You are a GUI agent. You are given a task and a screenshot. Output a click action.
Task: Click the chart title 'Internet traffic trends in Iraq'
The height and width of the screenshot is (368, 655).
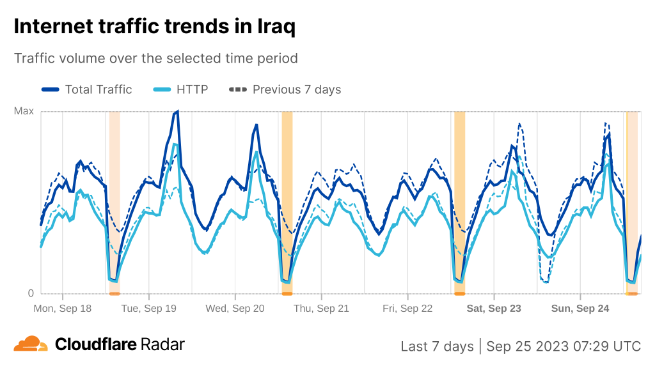[x=154, y=27]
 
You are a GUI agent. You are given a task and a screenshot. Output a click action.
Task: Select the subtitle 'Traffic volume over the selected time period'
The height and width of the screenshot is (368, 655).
[x=155, y=58]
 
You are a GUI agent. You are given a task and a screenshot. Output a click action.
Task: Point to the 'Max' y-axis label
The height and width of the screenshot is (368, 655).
[x=24, y=111]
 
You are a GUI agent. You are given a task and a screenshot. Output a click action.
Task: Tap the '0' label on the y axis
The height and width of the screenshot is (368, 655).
[x=30, y=293]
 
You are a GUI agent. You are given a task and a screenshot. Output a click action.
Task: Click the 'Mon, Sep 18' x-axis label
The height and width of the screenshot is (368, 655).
[x=63, y=309]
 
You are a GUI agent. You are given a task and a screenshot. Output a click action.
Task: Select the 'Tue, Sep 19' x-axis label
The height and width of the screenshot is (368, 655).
[x=148, y=309]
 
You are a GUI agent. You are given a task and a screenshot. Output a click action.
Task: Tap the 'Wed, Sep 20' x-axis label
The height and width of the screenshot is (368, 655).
[x=235, y=309]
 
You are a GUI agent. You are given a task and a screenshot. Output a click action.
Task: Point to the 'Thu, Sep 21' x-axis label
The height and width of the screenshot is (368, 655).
[x=321, y=309]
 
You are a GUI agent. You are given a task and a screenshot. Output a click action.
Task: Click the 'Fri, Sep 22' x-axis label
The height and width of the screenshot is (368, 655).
[x=407, y=309]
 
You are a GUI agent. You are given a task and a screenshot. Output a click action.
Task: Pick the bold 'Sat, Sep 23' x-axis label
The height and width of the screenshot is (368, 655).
[x=494, y=309]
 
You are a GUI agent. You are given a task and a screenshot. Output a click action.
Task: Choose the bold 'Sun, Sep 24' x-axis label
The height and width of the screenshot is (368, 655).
[x=580, y=309]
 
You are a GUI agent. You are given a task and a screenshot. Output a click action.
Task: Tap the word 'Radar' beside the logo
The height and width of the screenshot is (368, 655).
[x=162, y=344]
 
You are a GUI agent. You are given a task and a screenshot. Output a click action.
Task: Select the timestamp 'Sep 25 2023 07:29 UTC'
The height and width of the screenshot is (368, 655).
[x=563, y=346]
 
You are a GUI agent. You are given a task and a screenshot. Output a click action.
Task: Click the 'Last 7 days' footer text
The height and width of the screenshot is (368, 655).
[x=437, y=346]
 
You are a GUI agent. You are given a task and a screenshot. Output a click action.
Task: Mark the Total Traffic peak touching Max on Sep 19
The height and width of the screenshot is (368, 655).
[x=177, y=112]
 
